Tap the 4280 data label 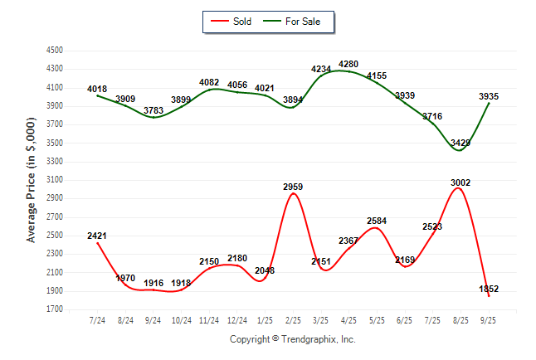click(x=348, y=64)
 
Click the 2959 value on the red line click(x=293, y=187)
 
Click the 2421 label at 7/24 click(x=96, y=236)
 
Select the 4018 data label click(x=96, y=89)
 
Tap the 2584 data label click(x=376, y=221)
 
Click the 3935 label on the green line click(x=489, y=96)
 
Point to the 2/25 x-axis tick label click(x=293, y=319)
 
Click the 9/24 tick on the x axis click(x=153, y=319)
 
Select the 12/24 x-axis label click(x=236, y=319)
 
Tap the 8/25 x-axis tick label click(x=460, y=319)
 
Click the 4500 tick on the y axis click(x=55, y=50)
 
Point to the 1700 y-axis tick click(x=55, y=309)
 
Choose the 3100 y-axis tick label click(x=55, y=180)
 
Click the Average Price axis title click(x=32, y=179)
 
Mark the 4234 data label click(x=321, y=69)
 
